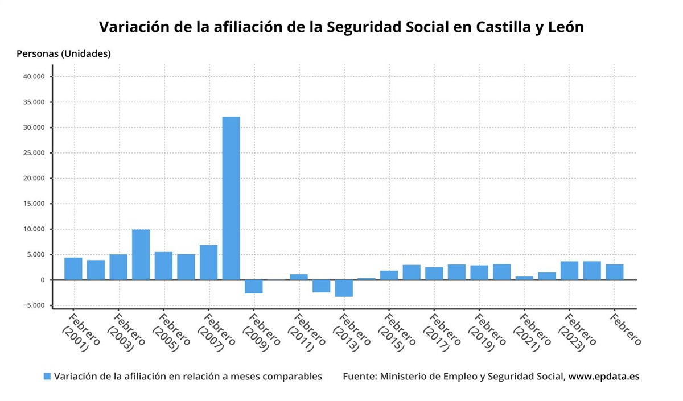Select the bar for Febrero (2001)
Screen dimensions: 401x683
(73, 268)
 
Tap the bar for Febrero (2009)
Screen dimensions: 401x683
(253, 287)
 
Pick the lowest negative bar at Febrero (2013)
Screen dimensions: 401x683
(343, 288)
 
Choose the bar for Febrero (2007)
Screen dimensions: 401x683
(208, 262)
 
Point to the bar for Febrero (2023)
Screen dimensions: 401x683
(569, 270)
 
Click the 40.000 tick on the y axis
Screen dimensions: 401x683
(35, 77)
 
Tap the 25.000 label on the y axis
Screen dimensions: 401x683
(35, 153)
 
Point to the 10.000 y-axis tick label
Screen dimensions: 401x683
(35, 229)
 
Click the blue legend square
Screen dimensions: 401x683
(47, 377)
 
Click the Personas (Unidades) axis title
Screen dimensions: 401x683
(64, 54)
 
